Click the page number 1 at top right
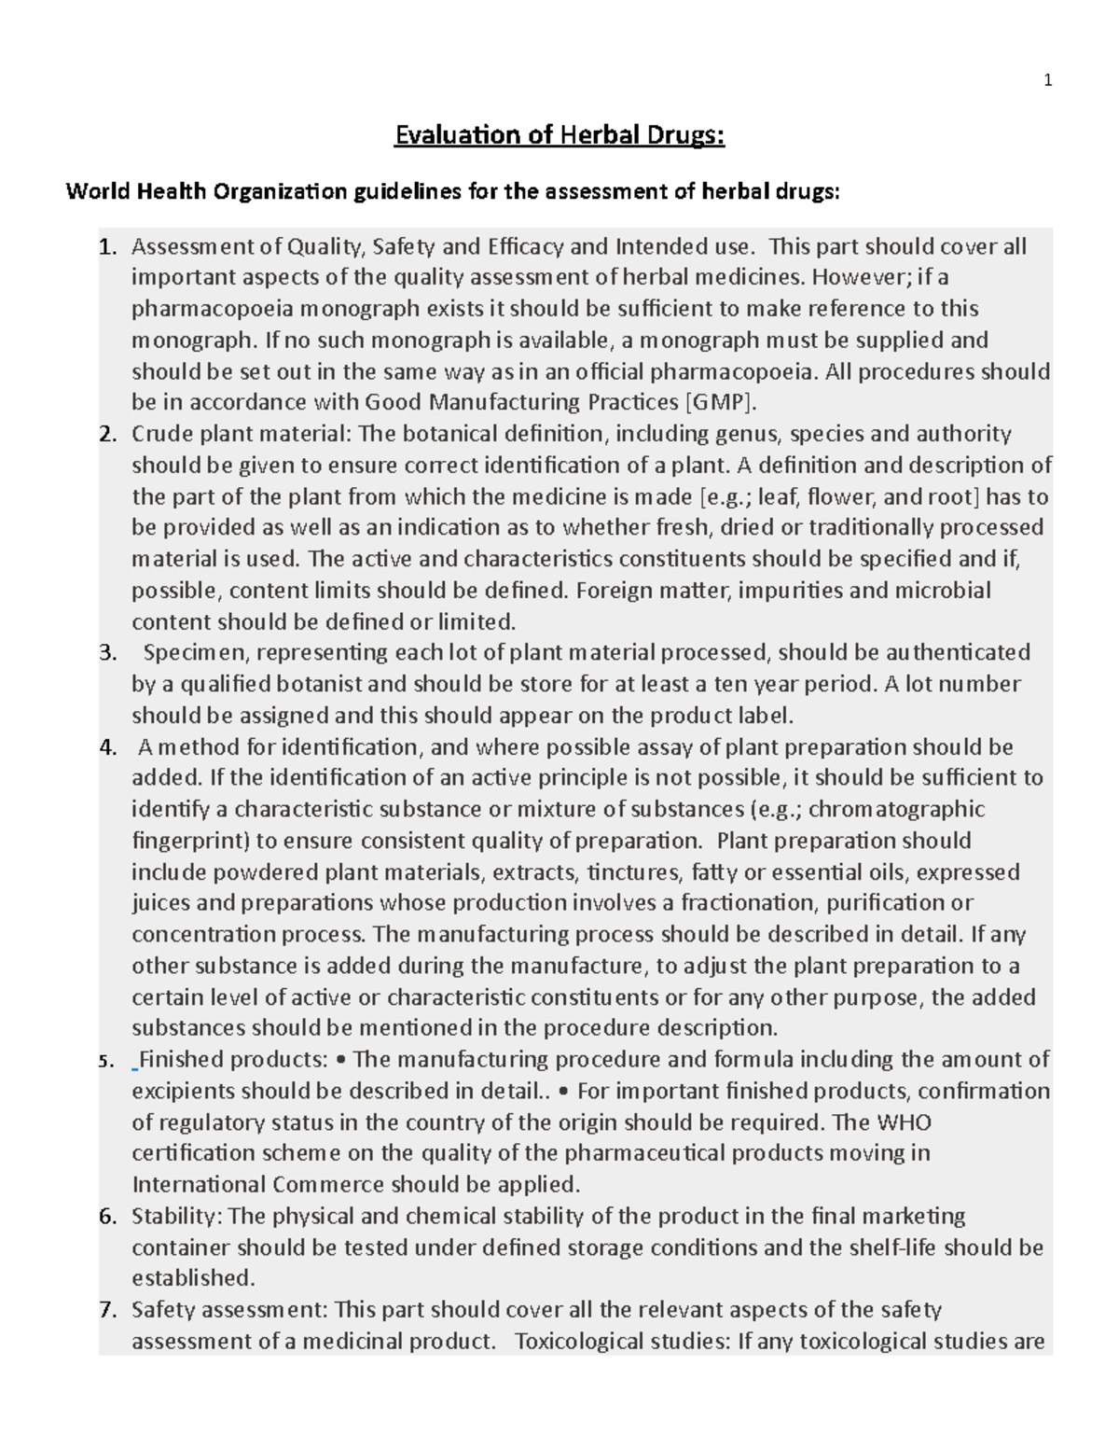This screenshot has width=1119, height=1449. pos(1047,81)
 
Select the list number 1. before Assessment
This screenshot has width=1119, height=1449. pos(108,247)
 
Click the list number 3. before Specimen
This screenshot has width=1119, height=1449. pos(108,652)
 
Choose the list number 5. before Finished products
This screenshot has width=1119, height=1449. pos(108,1061)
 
